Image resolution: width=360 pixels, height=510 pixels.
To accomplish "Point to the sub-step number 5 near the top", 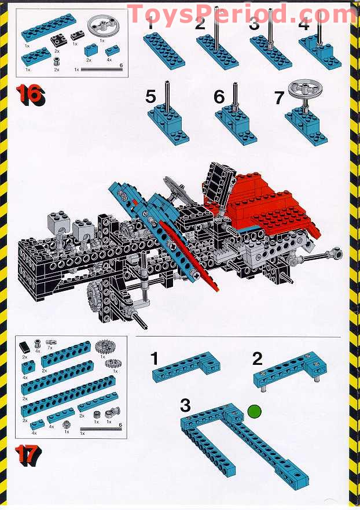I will pos(151,96).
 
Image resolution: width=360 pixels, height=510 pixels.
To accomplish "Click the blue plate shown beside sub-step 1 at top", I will pos(166,50).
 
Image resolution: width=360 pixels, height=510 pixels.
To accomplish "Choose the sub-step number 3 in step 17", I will pos(185,405).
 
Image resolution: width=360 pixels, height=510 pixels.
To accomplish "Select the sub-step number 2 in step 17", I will pos(258,359).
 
